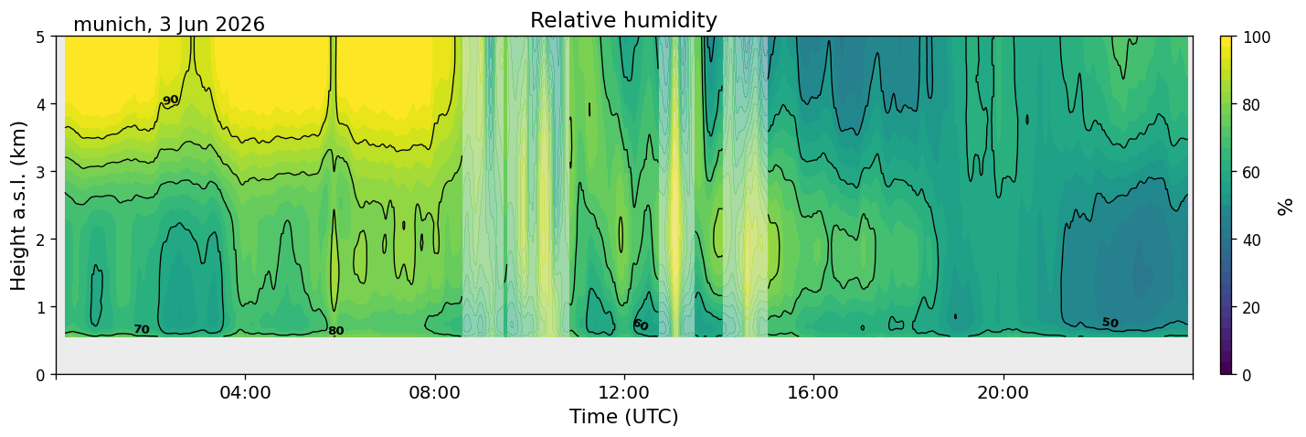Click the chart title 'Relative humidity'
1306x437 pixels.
click(x=623, y=20)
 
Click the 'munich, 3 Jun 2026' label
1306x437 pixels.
click(x=169, y=25)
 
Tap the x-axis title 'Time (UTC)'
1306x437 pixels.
click(x=624, y=417)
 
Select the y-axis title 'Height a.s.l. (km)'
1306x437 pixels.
click(x=18, y=206)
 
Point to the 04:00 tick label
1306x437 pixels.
click(x=246, y=392)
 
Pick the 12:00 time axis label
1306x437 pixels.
click(x=624, y=392)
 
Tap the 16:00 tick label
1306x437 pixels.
click(x=814, y=392)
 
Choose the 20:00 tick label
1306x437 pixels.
click(x=1003, y=392)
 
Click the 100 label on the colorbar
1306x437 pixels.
click(x=1257, y=37)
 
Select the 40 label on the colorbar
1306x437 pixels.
click(x=1252, y=240)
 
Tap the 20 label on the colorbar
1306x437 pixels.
click(x=1252, y=307)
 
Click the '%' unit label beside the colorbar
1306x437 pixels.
click(x=1285, y=207)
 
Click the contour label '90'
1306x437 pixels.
click(x=170, y=101)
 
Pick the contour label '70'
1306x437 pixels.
click(x=142, y=330)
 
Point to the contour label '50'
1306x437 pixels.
click(x=1110, y=323)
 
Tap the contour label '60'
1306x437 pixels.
click(x=641, y=325)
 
